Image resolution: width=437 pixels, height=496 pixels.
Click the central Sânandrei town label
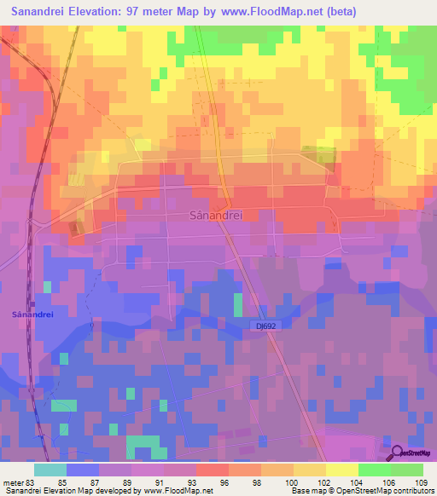215,216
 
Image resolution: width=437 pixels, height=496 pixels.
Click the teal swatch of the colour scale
50,470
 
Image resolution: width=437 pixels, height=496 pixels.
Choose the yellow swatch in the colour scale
341,470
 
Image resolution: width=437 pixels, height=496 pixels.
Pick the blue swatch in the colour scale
83,470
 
